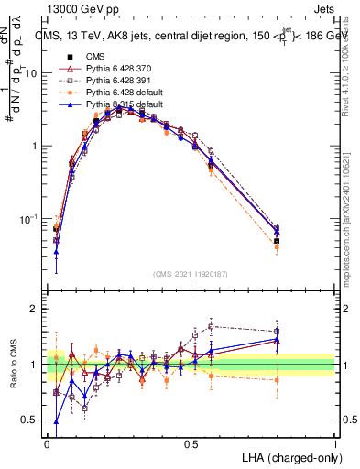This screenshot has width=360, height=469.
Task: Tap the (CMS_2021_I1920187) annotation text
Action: click(191, 273)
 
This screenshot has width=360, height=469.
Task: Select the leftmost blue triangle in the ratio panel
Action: click(56, 422)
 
